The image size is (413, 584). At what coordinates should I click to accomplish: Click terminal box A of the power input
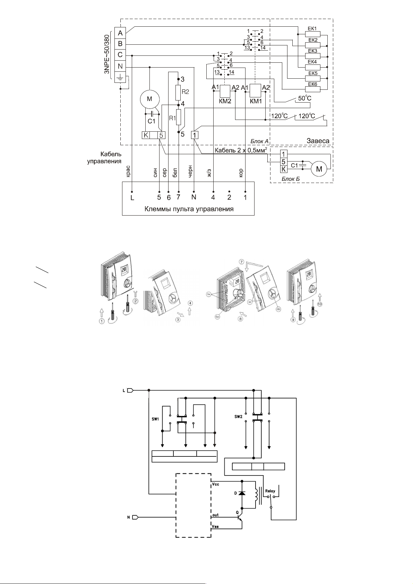(x=120, y=33)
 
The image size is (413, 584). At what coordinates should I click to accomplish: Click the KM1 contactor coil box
(x=256, y=91)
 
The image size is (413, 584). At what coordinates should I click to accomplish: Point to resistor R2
(x=178, y=92)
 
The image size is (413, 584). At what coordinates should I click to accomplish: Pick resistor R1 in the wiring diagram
(x=179, y=118)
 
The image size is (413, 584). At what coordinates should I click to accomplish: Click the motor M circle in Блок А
(x=149, y=99)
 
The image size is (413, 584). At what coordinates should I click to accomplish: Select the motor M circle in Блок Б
(x=320, y=169)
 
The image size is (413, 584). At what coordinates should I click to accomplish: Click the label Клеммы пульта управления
(x=189, y=209)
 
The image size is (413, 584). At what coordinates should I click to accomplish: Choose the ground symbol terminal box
(x=120, y=77)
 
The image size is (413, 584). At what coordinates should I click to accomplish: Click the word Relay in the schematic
(x=270, y=491)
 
